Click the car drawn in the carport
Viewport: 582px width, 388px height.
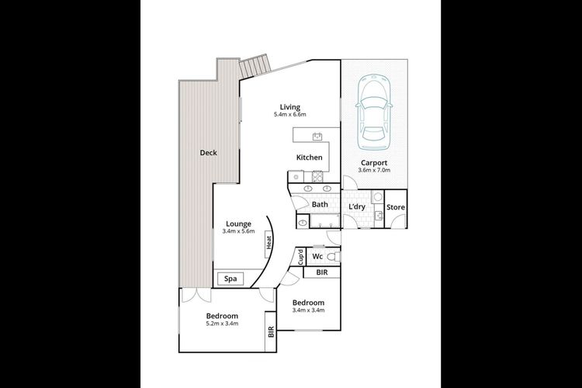click(x=374, y=112)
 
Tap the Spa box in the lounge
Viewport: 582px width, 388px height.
click(x=230, y=279)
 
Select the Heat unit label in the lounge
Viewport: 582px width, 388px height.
click(x=268, y=244)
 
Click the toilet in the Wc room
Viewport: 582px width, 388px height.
click(x=334, y=257)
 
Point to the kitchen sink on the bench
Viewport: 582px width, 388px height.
click(x=317, y=137)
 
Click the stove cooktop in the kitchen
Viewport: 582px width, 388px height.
click(x=318, y=176)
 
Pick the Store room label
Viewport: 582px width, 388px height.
click(x=396, y=207)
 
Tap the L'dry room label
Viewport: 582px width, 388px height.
click(x=357, y=207)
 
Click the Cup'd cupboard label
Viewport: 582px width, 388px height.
click(x=300, y=257)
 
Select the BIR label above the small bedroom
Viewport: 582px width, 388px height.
click(x=322, y=272)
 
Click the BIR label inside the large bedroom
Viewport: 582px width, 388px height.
click(x=271, y=331)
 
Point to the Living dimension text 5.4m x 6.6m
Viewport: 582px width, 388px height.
click(x=290, y=114)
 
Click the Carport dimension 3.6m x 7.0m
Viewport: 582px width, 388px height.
click(x=374, y=170)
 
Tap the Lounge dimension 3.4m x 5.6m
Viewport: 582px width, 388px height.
click(x=239, y=231)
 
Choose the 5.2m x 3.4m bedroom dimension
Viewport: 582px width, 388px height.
click(x=222, y=323)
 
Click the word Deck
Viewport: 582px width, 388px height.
click(x=208, y=153)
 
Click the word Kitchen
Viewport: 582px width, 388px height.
click(x=309, y=158)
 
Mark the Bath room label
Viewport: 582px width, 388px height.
click(x=320, y=204)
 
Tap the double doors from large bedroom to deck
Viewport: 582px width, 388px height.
click(x=196, y=294)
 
